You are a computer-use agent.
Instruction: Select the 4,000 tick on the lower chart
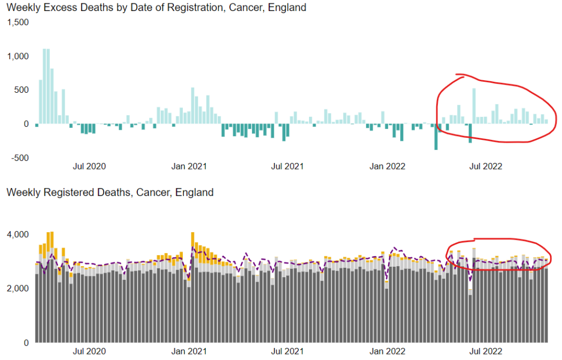18,234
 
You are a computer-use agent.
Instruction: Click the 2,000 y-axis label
18,289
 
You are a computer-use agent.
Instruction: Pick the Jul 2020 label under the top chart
89,166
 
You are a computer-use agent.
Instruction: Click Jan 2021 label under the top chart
189,166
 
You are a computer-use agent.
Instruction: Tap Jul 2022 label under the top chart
486,166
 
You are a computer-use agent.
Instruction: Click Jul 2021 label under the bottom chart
288,351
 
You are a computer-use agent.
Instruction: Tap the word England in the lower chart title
196,193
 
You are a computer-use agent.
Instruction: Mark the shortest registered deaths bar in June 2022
470,318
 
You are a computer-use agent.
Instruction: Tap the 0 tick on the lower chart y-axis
25,343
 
